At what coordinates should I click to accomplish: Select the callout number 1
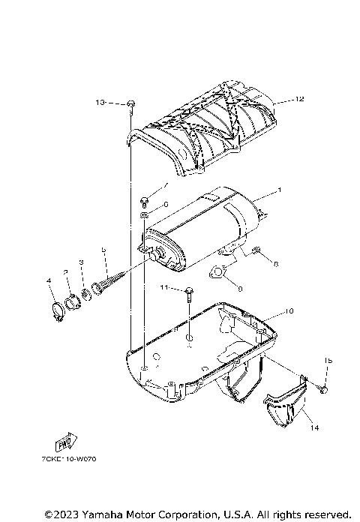click(280, 191)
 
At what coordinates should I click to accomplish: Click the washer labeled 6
click(142, 216)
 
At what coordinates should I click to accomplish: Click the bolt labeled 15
click(324, 388)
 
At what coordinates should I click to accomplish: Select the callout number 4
click(49, 281)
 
